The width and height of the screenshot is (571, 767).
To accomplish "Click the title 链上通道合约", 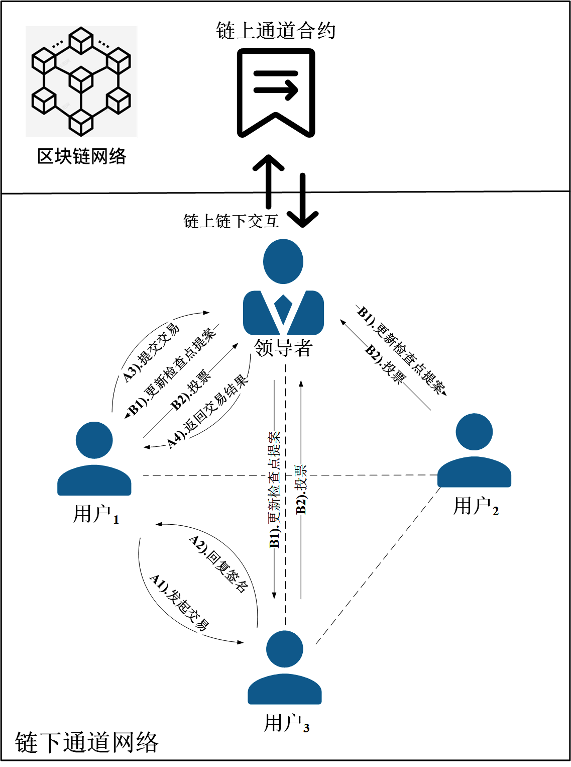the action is [x=276, y=31].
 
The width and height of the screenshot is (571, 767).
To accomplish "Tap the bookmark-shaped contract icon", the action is [x=276, y=92].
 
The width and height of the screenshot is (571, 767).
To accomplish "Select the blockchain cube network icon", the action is [x=81, y=81].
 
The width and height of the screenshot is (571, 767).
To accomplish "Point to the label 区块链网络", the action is [x=81, y=156].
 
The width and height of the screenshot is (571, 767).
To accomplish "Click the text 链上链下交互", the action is [x=231, y=221].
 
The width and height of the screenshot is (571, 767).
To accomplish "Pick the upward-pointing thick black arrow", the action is [x=268, y=181].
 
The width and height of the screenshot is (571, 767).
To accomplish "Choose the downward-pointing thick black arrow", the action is [x=303, y=201].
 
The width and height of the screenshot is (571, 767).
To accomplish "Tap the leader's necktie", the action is [x=283, y=309].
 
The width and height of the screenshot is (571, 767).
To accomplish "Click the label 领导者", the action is [x=283, y=347].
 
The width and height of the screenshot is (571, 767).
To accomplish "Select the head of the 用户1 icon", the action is [x=94, y=440].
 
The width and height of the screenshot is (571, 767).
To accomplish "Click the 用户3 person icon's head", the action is [x=284, y=649].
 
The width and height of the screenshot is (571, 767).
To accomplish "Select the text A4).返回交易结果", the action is [x=207, y=412].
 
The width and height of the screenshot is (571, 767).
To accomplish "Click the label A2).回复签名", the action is [x=218, y=564].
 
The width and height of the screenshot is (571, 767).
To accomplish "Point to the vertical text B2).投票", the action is [x=301, y=490].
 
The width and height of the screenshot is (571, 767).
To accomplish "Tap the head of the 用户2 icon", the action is [x=474, y=432].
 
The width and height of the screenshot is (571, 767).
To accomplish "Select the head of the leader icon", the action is [x=283, y=261].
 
